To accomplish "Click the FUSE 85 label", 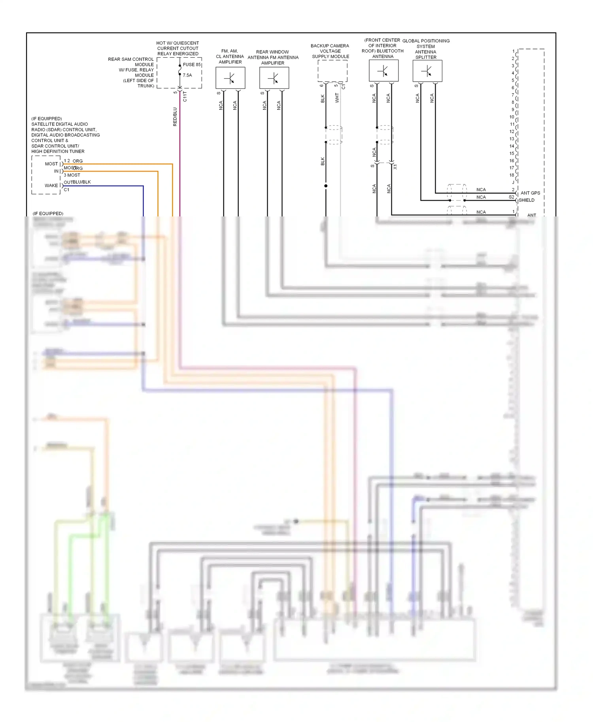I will click(x=192, y=64).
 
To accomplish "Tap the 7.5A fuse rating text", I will click(x=187, y=75).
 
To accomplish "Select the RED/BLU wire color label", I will click(x=175, y=117).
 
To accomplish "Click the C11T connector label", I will click(x=185, y=97).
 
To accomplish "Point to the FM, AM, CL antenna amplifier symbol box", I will click(x=230, y=78).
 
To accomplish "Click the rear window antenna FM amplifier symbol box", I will click(x=274, y=78).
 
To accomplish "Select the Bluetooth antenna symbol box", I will click(x=383, y=71).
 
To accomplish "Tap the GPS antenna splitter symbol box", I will click(x=427, y=71).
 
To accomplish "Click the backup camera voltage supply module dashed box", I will click(x=332, y=71).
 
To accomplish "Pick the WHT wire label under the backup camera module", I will click(x=337, y=98).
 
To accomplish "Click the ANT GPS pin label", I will click(x=530, y=193).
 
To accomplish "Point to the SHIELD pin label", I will click(x=527, y=200).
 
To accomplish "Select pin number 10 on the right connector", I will click(x=512, y=117).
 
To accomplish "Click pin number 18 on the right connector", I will click(x=512, y=175).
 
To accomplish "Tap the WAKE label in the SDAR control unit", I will click(x=51, y=185).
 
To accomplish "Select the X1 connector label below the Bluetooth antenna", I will click(x=395, y=167).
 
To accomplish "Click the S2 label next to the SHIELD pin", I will click(x=511, y=197).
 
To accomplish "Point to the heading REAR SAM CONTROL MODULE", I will click(x=131, y=62).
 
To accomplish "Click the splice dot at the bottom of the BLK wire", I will click(x=326, y=186).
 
